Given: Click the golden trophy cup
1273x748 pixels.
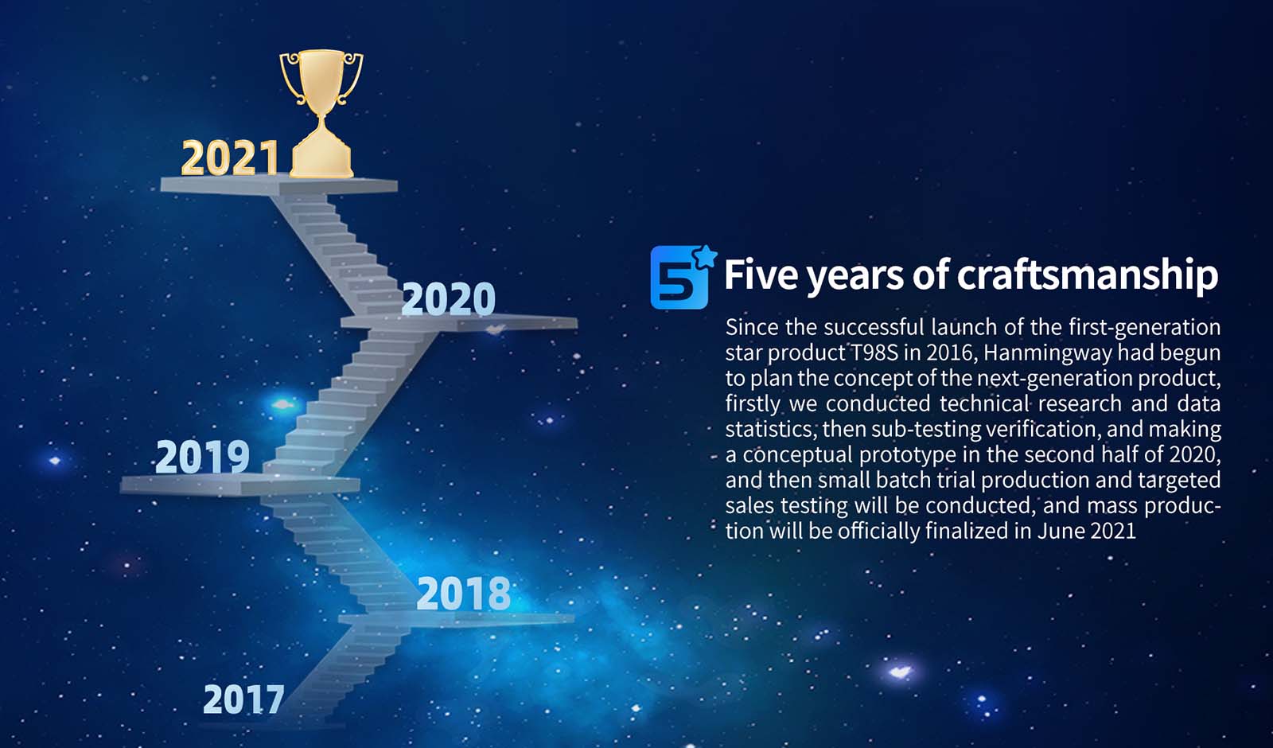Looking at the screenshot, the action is pos(321,114).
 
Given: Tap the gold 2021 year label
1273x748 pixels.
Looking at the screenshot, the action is pos(230,158).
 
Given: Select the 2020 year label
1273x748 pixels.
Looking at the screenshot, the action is pos(449,298).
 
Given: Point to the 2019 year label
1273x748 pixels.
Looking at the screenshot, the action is pos(202,457).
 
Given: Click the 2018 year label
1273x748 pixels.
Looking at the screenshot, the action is pos(463,594).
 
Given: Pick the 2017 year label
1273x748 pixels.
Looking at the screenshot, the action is pos(243,699).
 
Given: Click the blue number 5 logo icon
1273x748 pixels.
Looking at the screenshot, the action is pos(679,278).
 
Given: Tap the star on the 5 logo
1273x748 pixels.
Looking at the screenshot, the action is pos(705,257).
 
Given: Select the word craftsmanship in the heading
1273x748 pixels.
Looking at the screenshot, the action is pos(1087,275).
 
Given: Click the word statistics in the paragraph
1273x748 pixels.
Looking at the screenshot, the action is pos(770,429).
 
